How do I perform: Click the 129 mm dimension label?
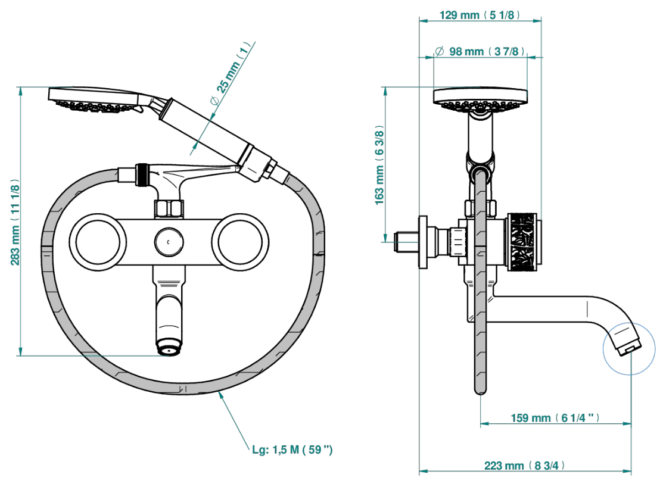[x=480, y=15]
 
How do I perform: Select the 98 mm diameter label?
[x=480, y=51]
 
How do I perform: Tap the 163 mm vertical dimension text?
[x=379, y=165]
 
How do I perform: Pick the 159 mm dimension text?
[x=555, y=418]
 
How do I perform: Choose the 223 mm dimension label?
[x=524, y=466]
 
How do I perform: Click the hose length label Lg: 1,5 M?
[x=292, y=450]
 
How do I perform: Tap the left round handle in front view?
[x=98, y=242]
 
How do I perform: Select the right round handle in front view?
[x=240, y=242]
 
